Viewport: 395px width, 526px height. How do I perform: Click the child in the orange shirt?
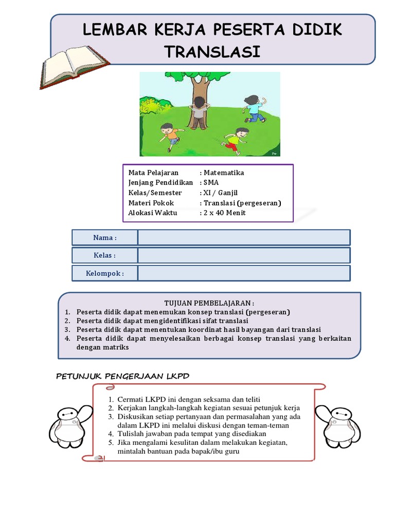tap(170, 136)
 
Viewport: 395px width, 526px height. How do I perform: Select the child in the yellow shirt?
tap(236, 140)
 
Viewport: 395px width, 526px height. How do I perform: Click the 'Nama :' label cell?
tap(105, 238)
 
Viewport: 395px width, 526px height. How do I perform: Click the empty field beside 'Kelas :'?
tap(244, 255)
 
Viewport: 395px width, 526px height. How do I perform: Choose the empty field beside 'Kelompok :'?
tap(244, 273)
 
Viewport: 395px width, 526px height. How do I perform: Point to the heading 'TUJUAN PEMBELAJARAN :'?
tap(209, 303)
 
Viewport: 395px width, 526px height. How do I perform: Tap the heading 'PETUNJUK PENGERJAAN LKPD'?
tap(122, 376)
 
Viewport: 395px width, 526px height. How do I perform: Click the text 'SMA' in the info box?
tap(211, 182)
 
